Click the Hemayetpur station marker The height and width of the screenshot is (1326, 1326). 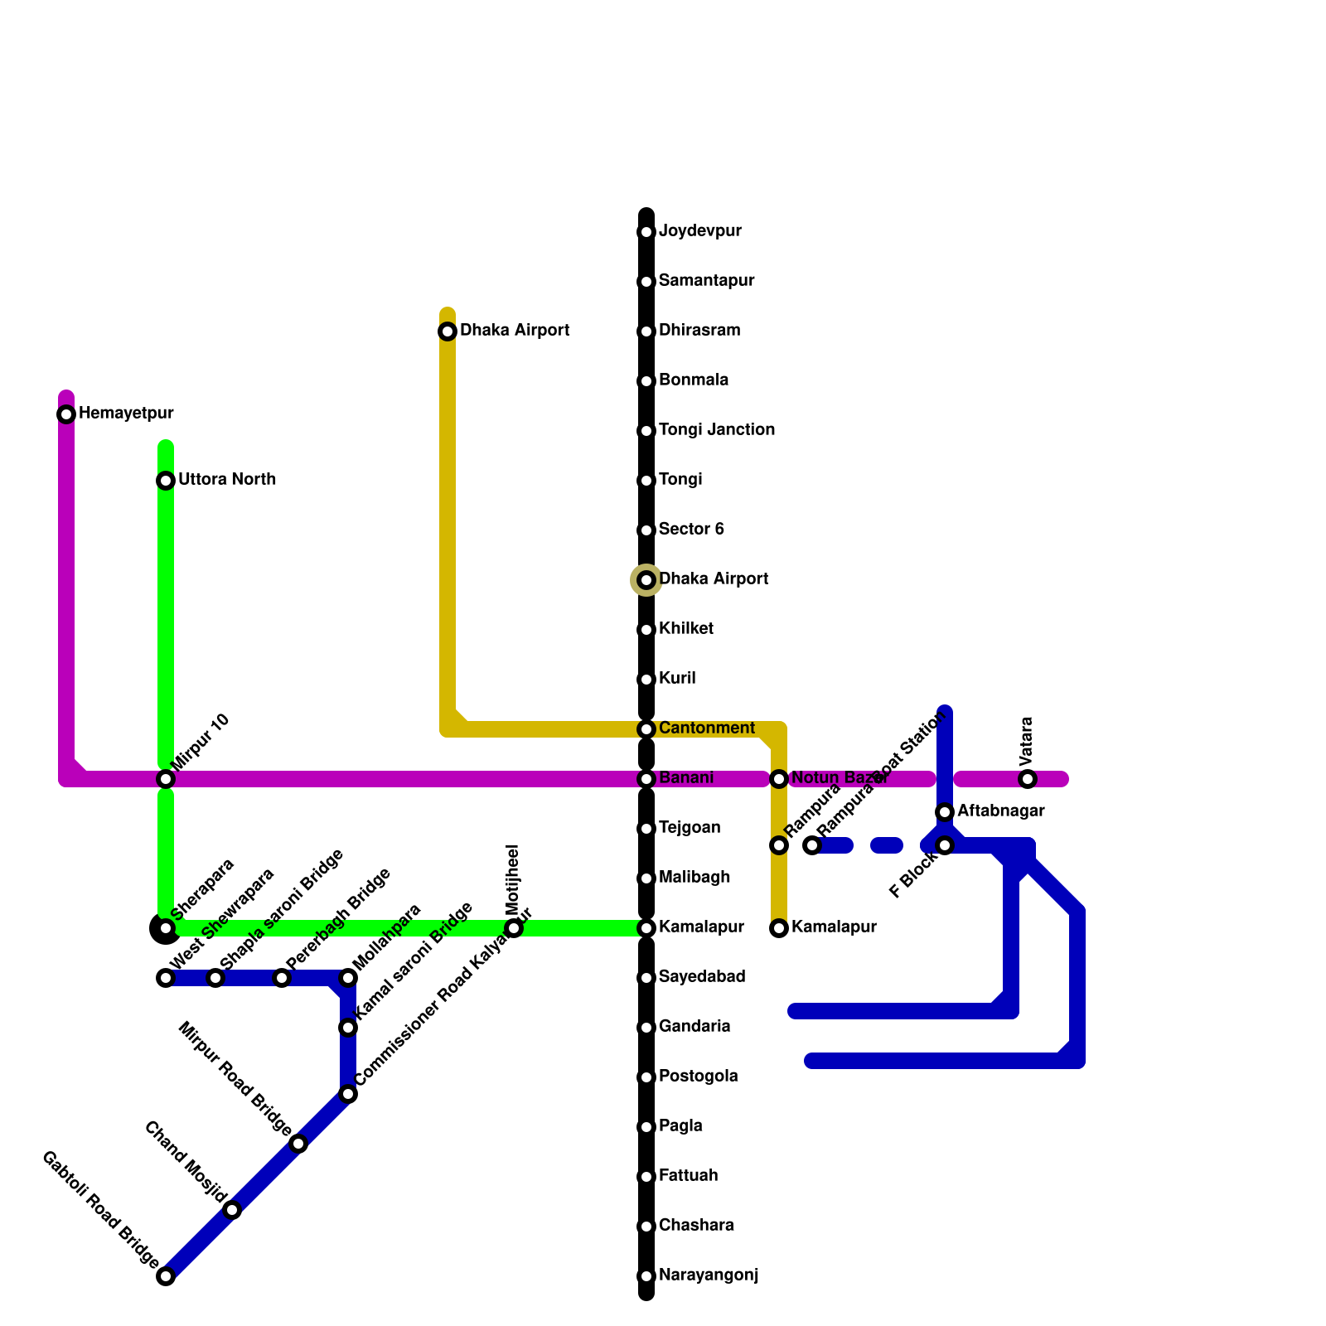[66, 414]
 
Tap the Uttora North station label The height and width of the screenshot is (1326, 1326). [226, 480]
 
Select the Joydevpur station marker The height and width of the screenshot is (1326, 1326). [646, 232]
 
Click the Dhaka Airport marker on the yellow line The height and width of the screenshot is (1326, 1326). [448, 331]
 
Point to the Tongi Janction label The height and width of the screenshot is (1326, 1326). [716, 430]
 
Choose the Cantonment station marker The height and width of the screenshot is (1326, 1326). [646, 729]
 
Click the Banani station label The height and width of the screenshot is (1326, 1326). [685, 778]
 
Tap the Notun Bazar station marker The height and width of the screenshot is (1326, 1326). [779, 779]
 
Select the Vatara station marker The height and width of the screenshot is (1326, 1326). [1028, 779]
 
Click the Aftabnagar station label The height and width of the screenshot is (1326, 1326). [1000, 811]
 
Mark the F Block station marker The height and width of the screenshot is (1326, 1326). [945, 845]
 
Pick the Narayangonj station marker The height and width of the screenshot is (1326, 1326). [646, 1276]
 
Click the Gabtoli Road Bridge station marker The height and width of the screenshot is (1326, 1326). [166, 1276]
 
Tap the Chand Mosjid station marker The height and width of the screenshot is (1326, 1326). [233, 1210]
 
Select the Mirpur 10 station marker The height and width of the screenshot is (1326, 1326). [166, 779]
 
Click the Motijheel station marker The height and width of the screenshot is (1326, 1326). [514, 928]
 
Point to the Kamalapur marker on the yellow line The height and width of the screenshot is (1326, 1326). [779, 928]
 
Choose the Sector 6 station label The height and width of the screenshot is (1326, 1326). [691, 530]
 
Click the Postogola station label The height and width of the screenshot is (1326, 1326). [698, 1077]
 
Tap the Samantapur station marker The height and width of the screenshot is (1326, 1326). [646, 282]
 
